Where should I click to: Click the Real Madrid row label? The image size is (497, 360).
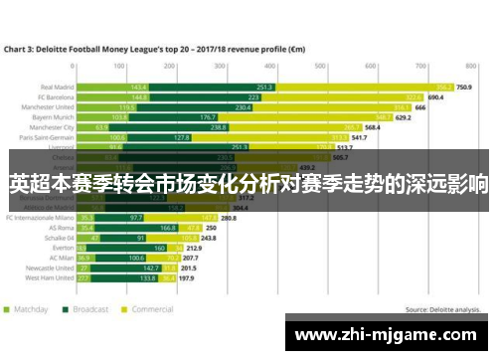pos(56,87)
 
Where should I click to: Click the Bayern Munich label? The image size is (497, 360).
pos(54,117)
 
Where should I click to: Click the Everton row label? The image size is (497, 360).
pos(62,249)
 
